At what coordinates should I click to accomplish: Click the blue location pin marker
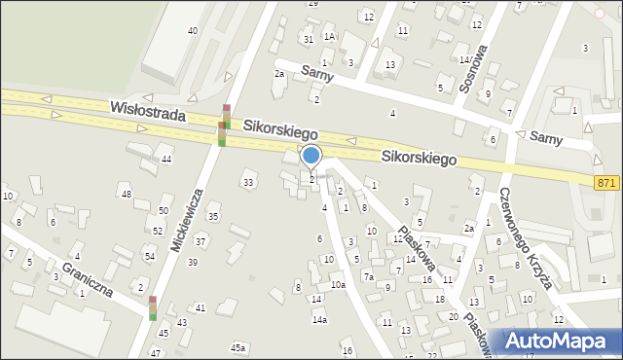tap(311, 157)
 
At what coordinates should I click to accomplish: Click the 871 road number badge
tap(606, 182)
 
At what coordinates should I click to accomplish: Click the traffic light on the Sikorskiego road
tap(225, 125)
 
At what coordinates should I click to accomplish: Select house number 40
tap(193, 31)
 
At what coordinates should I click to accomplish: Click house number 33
tap(249, 182)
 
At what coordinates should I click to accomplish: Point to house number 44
tap(166, 159)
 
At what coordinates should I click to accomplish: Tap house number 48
tap(127, 194)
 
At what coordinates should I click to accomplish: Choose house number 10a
tap(337, 285)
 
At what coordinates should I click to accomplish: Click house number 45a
tap(238, 347)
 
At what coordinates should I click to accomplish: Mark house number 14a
tap(319, 319)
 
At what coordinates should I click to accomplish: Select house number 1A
tap(330, 36)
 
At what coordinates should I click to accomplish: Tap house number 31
tap(308, 39)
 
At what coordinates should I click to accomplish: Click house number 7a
tap(369, 276)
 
